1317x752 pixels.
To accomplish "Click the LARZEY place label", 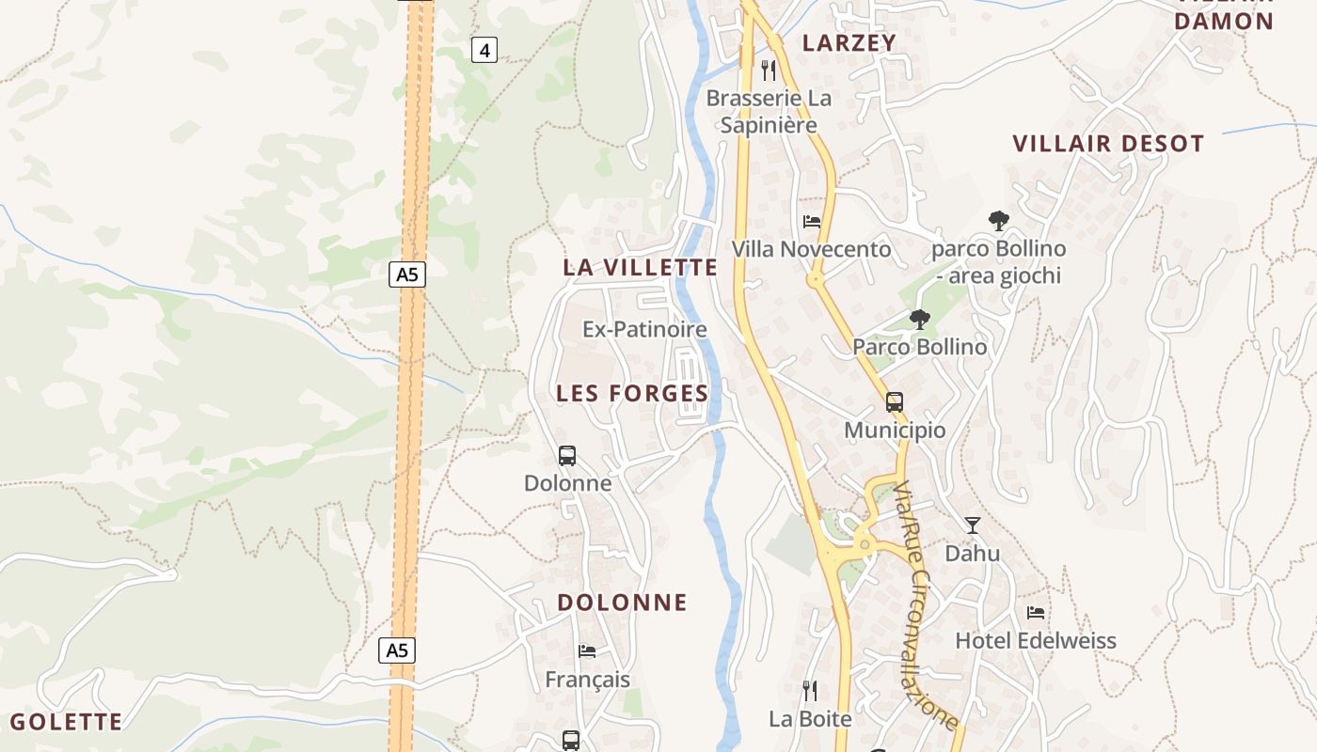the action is click(849, 42).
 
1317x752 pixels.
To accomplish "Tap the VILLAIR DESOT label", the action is click(1108, 144).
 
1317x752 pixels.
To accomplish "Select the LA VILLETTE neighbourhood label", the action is click(641, 267).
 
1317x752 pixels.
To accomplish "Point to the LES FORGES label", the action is click(632, 393).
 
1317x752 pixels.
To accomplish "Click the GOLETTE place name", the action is click(66, 722).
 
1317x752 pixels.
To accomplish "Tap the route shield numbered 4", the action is click(484, 51).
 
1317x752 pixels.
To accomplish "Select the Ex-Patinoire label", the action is click(644, 330).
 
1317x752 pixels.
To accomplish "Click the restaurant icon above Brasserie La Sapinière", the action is click(769, 70).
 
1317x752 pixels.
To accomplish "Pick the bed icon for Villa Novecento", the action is click(812, 222).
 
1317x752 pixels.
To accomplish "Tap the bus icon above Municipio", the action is click(895, 402).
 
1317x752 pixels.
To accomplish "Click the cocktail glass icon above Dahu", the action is click(973, 525).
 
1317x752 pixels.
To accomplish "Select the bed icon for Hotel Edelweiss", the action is click(1036, 613).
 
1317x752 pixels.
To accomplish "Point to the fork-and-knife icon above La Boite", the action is click(810, 691).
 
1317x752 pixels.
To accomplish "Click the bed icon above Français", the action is click(587, 650).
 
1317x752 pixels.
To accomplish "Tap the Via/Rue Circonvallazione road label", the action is click(926, 605).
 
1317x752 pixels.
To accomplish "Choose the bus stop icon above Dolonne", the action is click(567, 456).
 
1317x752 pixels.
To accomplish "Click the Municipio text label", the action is click(895, 431).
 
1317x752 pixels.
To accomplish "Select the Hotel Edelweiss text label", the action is click(1036, 641).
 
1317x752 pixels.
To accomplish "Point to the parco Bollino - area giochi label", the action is click(999, 262).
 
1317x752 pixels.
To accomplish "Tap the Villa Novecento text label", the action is click(811, 249).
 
